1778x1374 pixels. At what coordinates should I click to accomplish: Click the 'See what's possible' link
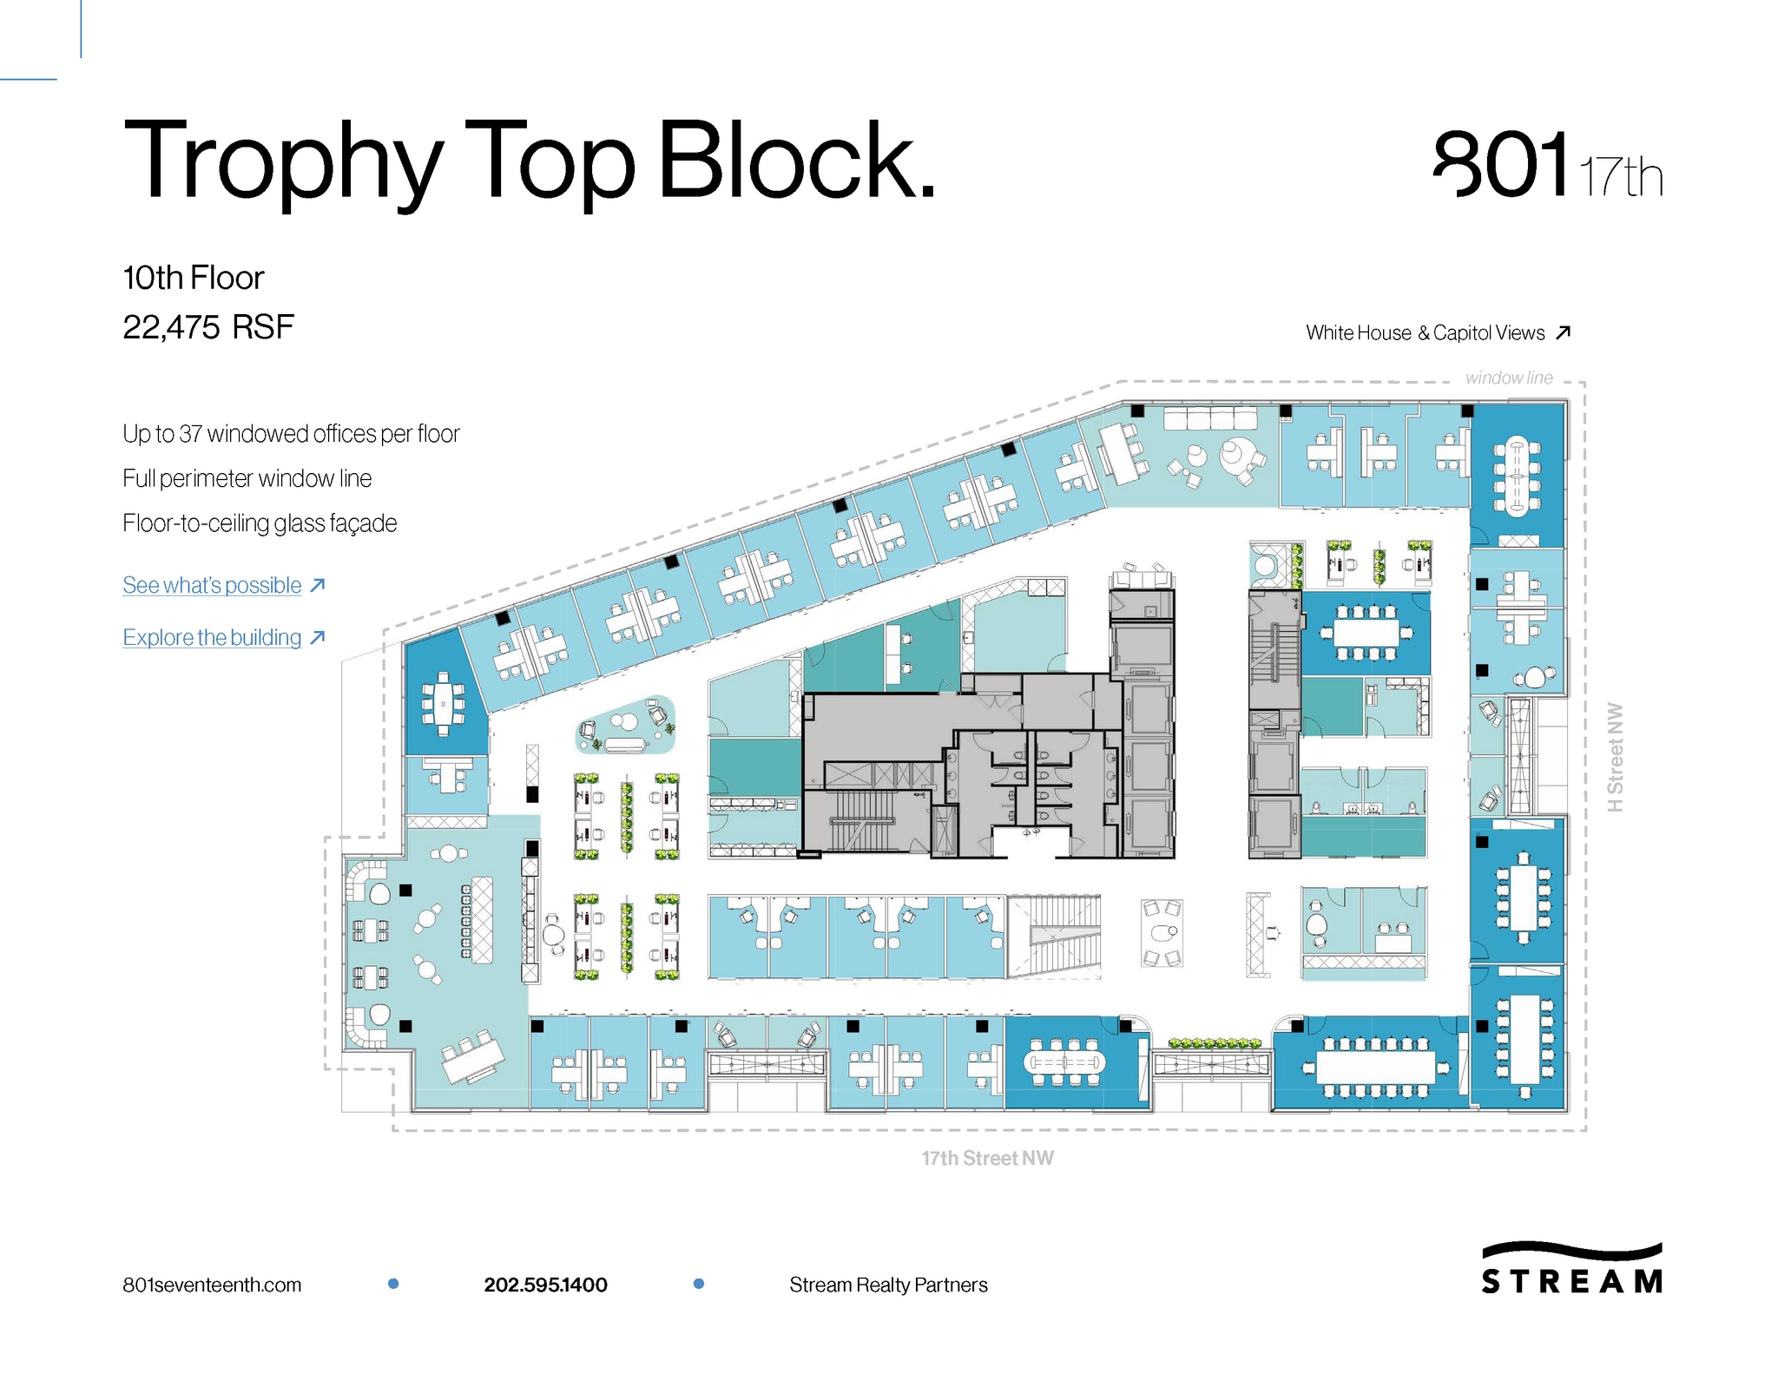click(212, 586)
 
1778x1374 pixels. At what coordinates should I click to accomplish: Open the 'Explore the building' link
click(212, 638)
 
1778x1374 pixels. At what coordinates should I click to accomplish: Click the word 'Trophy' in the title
click(282, 162)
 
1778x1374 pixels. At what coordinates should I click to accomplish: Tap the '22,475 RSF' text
click(208, 328)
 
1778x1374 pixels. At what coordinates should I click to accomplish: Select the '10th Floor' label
click(193, 279)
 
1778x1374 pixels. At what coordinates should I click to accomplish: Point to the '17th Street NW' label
click(987, 1158)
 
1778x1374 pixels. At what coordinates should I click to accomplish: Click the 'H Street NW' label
click(1615, 758)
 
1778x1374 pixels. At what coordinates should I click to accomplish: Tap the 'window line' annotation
click(1509, 378)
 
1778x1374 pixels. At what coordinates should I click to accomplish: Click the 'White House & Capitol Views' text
click(1425, 333)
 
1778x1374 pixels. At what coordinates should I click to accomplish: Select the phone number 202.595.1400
click(545, 1285)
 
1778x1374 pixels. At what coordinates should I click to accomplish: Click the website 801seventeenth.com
click(212, 1285)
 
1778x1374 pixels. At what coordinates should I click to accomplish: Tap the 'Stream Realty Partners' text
click(888, 1285)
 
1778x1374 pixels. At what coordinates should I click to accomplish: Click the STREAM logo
click(1571, 1269)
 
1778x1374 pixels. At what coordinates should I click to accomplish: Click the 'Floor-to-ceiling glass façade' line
click(260, 523)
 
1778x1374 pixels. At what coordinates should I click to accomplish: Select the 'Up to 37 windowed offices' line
click(291, 434)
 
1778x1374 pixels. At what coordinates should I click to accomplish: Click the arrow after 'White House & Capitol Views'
click(1564, 332)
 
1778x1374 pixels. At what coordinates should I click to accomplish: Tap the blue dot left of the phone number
click(393, 1284)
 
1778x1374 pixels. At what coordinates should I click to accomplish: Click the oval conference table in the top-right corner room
click(1517, 477)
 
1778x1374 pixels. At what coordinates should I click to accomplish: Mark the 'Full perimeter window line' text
click(247, 479)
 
